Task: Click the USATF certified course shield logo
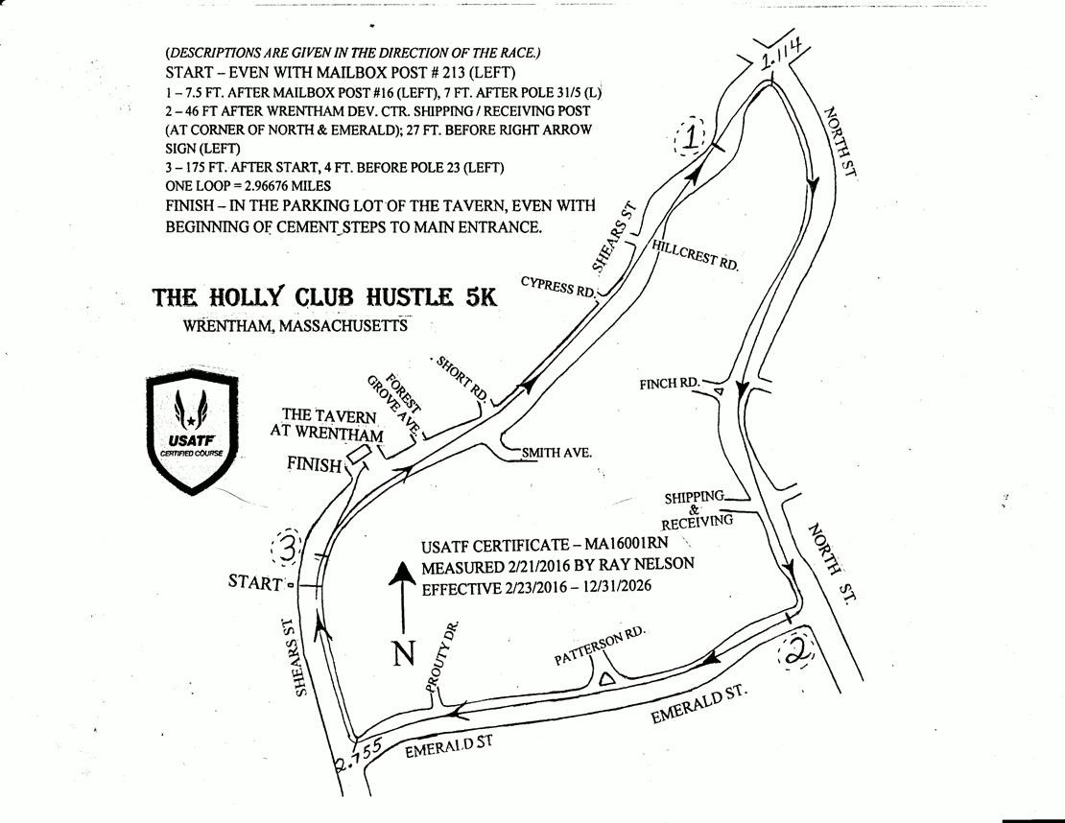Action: tap(192, 432)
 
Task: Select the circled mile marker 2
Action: tap(794, 649)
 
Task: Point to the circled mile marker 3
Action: tap(288, 548)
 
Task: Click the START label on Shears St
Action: tap(255, 582)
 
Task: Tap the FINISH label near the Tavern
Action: tap(314, 464)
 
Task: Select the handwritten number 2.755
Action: tap(360, 755)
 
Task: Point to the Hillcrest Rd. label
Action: tap(694, 254)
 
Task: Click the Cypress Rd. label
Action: tap(557, 287)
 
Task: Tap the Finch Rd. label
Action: tap(670, 384)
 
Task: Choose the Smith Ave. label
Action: tap(556, 452)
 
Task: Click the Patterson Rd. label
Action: tap(599, 646)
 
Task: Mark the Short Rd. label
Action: tap(461, 378)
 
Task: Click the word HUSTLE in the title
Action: tap(410, 297)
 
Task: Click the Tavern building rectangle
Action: tap(358, 454)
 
